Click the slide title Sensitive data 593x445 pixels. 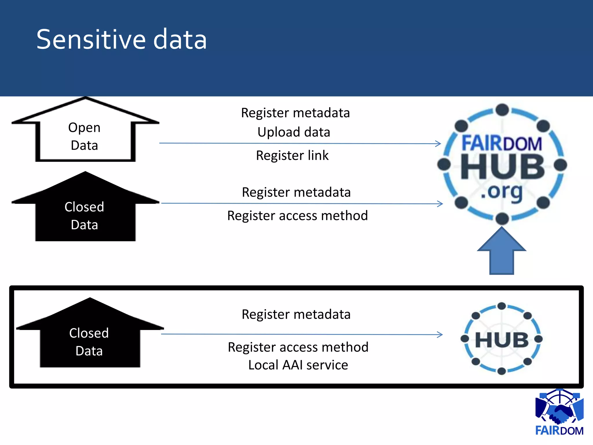pos(122,40)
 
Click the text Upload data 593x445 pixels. pos(294,132)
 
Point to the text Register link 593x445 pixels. pos(292,156)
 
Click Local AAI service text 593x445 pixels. pos(298,365)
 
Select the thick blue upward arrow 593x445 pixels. pos(502,252)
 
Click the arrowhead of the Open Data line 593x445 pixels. pos(438,143)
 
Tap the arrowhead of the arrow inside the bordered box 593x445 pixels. pos(440,335)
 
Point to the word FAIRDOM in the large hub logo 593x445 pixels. pos(502,143)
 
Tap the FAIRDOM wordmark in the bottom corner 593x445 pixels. pos(559,431)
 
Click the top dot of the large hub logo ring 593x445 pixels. pos(502,110)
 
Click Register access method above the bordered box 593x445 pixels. pos(297,216)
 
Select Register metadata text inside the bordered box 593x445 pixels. pos(296,315)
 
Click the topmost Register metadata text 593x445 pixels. pos(295,113)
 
